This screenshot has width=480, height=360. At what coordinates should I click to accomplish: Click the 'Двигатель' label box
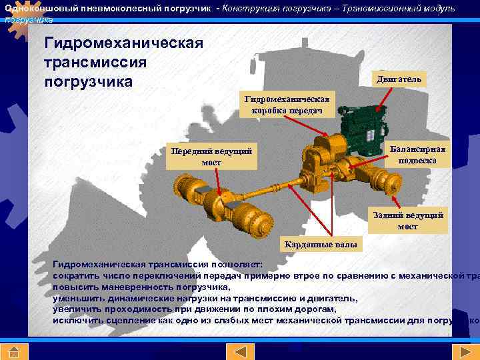(x=398, y=79)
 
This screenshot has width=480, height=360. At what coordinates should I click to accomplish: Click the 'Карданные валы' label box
(x=321, y=245)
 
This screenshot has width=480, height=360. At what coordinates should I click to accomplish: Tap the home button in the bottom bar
(x=13, y=351)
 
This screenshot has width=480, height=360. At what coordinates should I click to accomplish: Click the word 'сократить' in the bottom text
(x=75, y=275)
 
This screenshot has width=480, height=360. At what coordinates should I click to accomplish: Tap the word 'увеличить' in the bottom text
(x=75, y=309)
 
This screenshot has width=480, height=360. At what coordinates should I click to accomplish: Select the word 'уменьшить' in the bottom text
(x=77, y=298)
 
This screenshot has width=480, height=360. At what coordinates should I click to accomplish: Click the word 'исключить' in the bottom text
(x=77, y=321)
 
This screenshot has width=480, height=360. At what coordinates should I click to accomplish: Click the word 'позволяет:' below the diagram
(x=240, y=263)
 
